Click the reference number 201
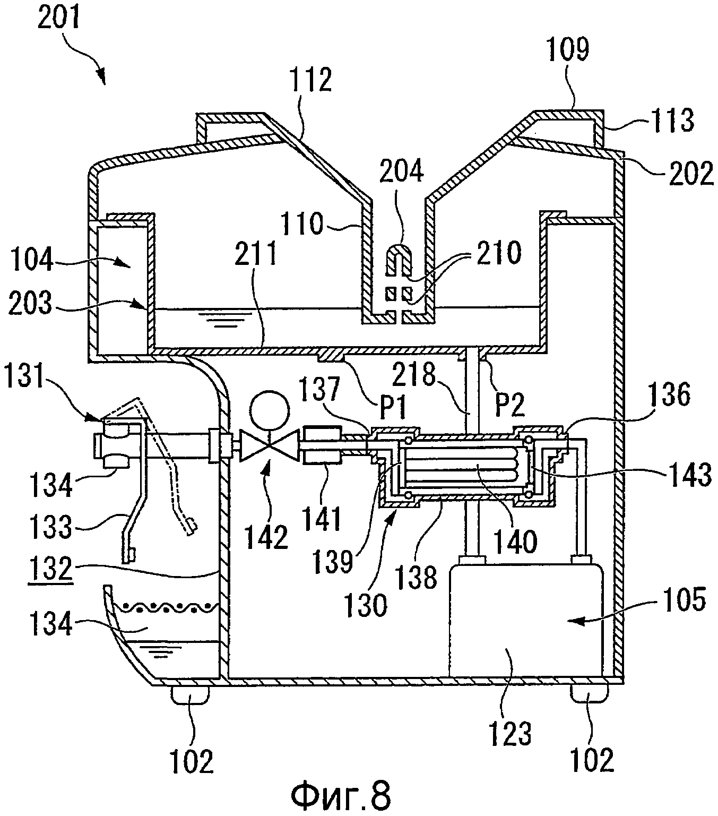coord(59,16)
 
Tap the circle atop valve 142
coord(270,411)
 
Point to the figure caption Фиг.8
coord(341,794)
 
